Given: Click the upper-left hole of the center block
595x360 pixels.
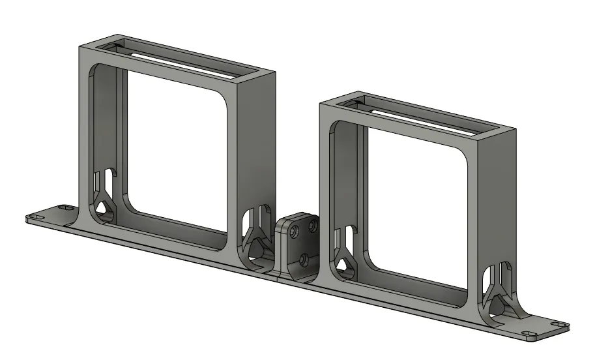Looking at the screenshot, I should click(x=295, y=232).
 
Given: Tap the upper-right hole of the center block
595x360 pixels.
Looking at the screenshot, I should click(x=313, y=226).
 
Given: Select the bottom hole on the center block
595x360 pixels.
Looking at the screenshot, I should click(x=304, y=259).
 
